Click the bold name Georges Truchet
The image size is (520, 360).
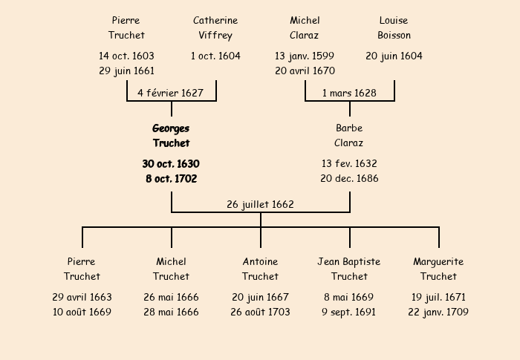tap(171, 136)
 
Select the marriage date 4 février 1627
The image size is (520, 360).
tap(171, 93)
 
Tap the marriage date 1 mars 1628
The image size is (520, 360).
tap(349, 93)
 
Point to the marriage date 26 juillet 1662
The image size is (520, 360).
tap(260, 204)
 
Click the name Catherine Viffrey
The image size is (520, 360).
tap(215, 27)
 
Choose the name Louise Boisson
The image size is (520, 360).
tap(394, 27)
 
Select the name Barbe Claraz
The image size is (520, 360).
tap(349, 136)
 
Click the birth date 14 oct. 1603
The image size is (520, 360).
tap(126, 56)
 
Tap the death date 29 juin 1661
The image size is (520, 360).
tap(126, 71)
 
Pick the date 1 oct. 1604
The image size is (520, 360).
tap(215, 56)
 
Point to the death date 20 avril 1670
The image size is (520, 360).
tap(305, 71)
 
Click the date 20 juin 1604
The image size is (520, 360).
tap(394, 56)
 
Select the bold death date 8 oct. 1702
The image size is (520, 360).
tap(171, 178)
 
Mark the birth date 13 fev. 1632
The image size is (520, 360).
tap(349, 163)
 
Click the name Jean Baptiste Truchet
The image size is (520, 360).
tap(349, 269)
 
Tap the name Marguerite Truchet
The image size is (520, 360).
tap(438, 269)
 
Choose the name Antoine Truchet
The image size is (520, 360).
tap(260, 269)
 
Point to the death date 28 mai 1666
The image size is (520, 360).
tap(171, 312)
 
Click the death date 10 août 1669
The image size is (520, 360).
tap(82, 312)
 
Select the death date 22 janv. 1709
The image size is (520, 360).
tap(438, 312)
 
